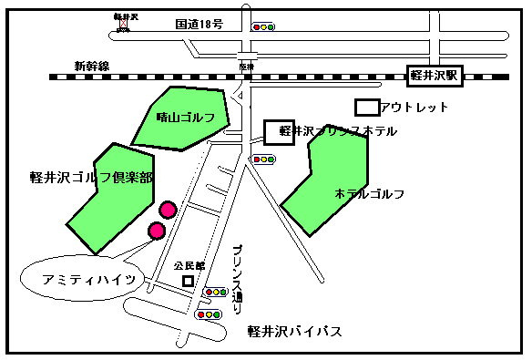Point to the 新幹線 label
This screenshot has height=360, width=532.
coord(92,66)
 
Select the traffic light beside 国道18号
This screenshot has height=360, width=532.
coord(264,27)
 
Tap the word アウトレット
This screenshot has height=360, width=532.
coord(414,108)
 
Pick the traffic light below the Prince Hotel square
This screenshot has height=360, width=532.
coord(264,160)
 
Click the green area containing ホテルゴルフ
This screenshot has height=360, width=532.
coord(328,187)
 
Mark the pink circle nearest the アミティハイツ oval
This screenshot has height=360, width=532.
coord(156,231)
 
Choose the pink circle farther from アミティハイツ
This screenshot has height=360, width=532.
coord(167,211)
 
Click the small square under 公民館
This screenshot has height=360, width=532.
coord(189,281)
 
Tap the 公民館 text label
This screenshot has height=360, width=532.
coord(189,265)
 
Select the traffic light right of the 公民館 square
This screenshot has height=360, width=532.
coord(217,293)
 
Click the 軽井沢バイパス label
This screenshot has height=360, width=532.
coord(295,331)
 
